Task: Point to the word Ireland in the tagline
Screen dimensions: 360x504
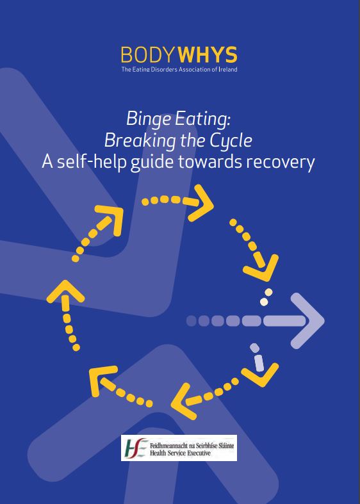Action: coord(228,69)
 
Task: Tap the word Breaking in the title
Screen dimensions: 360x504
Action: coord(140,141)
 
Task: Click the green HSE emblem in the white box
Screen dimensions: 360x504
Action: coord(135,448)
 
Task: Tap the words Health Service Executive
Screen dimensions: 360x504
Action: coord(180,453)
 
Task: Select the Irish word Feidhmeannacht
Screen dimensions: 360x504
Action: coord(168,446)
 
